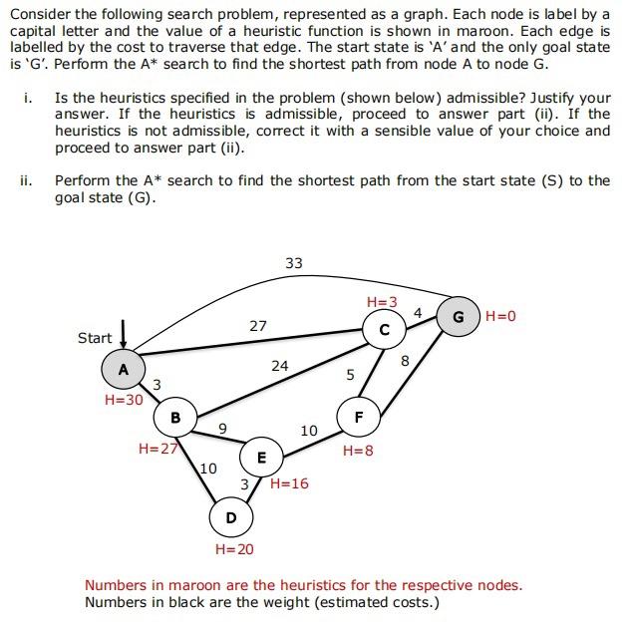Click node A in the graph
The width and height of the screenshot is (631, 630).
pyautogui.click(x=124, y=369)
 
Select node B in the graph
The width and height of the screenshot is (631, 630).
pyautogui.click(x=175, y=418)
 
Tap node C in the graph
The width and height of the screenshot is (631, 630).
pyautogui.click(x=384, y=328)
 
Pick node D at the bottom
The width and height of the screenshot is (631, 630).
pyautogui.click(x=231, y=517)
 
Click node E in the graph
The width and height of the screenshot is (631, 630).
pyautogui.click(x=261, y=458)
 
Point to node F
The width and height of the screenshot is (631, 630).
pyautogui.click(x=358, y=417)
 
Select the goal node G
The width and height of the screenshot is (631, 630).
pyautogui.click(x=458, y=316)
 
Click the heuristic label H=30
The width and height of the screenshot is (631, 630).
pyautogui.click(x=124, y=400)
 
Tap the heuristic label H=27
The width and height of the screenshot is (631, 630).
pyautogui.click(x=158, y=449)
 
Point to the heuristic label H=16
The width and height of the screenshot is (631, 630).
pyautogui.click(x=289, y=483)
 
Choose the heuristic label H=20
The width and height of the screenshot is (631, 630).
pyautogui.click(x=234, y=549)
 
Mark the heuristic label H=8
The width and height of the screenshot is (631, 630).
pyautogui.click(x=358, y=451)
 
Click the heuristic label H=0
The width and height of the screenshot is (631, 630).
pyautogui.click(x=501, y=316)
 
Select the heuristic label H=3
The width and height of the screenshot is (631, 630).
pyautogui.click(x=382, y=301)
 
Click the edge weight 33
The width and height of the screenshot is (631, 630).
pyautogui.click(x=293, y=263)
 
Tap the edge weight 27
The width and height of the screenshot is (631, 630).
pyautogui.click(x=258, y=325)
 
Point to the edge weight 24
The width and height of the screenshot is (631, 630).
pyautogui.click(x=280, y=366)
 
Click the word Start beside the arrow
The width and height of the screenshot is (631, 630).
pyautogui.click(x=95, y=338)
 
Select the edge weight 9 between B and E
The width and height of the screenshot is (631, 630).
pyautogui.click(x=222, y=429)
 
